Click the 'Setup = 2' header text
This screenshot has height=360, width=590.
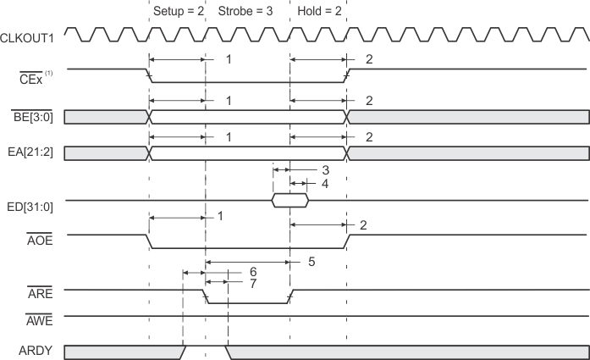(176, 12)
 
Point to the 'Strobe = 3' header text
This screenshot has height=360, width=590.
(245, 12)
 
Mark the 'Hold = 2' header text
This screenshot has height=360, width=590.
(317, 12)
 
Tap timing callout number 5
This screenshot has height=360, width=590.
(312, 262)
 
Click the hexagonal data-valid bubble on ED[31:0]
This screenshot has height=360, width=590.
(289, 201)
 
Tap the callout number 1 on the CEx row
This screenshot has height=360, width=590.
(228, 59)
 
